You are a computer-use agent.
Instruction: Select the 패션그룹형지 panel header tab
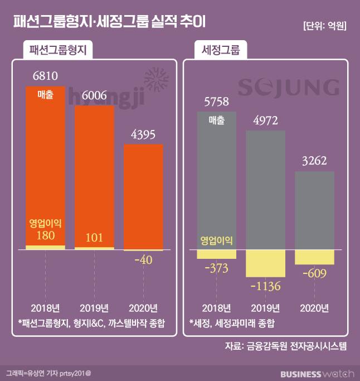[58, 51]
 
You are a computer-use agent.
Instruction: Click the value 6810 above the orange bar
[46, 75]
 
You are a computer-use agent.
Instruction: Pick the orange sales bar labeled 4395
[143, 195]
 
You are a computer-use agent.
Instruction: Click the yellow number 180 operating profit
[46, 237]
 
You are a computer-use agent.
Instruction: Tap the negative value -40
[143, 260]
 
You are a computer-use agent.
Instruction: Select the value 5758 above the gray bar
[216, 102]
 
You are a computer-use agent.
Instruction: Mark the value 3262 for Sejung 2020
[314, 161]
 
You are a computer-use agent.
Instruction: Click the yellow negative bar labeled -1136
[265, 263]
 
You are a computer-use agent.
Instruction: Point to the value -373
[216, 268]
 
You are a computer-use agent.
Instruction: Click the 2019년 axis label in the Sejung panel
[265, 308]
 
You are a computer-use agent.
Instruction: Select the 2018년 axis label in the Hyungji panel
[46, 308]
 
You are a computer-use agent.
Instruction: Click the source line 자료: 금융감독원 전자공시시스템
[285, 346]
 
